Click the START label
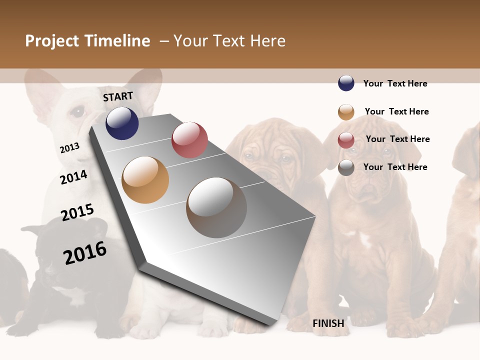point(118,96)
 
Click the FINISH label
point(328,323)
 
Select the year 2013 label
point(69,148)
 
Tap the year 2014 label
point(73,177)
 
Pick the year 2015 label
point(77,212)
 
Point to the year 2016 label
point(85,253)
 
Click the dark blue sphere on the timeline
point(122,123)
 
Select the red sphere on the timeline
point(189,139)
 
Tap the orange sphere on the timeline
point(145,180)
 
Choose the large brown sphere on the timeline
point(216,207)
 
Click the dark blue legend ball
point(346,83)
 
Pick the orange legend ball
point(346,112)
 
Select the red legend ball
point(346,140)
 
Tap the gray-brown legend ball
point(346,167)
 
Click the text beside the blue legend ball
point(395,83)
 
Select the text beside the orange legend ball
point(396,111)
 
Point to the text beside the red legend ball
point(397,139)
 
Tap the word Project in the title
point(52,41)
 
